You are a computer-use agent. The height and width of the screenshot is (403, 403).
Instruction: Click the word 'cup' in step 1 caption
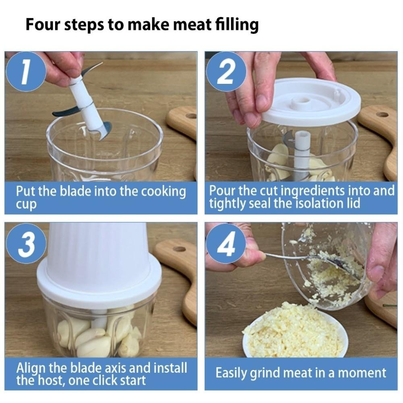[26, 204]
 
